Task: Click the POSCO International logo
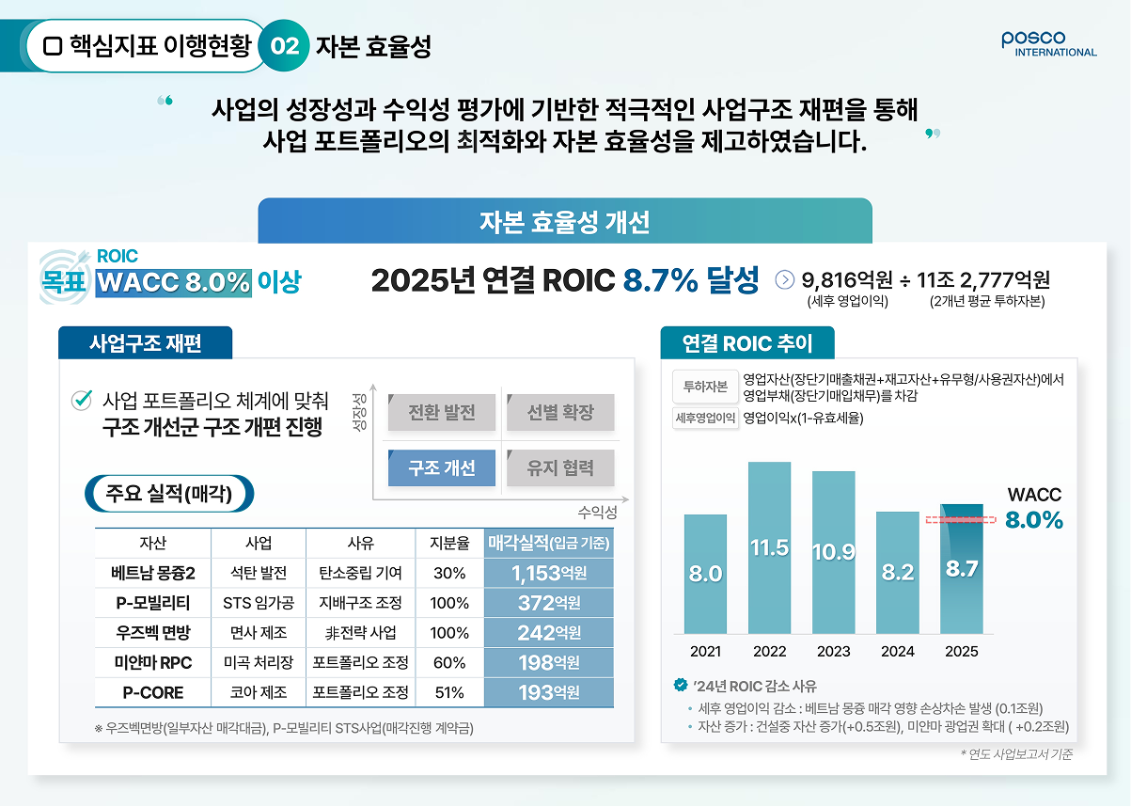[x=1048, y=44]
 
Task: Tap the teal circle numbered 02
[x=284, y=45]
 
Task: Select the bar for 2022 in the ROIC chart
[x=769, y=547]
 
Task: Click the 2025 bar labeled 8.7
[x=962, y=569]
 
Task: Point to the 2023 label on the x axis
[x=833, y=652]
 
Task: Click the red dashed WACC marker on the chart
[x=961, y=519]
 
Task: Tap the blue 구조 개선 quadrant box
[x=442, y=467]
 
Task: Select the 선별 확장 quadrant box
[x=560, y=412]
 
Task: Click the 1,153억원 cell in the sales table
[x=549, y=573]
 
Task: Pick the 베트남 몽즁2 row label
[x=153, y=573]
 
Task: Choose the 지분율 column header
[x=449, y=543]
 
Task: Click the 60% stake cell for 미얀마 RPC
[x=449, y=662]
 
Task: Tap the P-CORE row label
[x=153, y=692]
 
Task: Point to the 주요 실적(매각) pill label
[x=169, y=494]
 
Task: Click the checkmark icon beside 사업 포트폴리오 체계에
[x=82, y=401]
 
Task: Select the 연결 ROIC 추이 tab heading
[x=747, y=343]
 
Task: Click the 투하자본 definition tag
[x=705, y=387]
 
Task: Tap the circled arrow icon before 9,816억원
[x=785, y=279]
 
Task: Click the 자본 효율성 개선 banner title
[x=564, y=222]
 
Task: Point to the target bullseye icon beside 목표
[x=65, y=277]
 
